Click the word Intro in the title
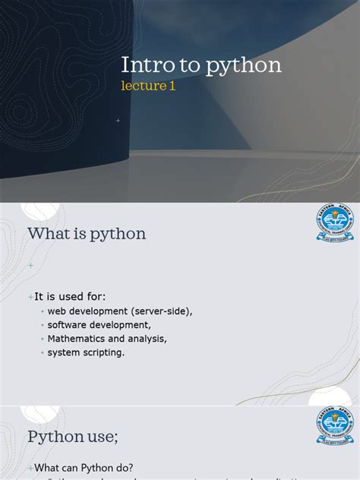tap(142, 65)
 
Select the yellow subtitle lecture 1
tap(148, 86)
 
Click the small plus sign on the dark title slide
tap(118, 121)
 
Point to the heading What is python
tap(87, 233)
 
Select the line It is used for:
tap(70, 296)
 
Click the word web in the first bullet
tap(57, 311)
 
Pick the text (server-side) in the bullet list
tap(162, 311)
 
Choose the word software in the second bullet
tap(66, 325)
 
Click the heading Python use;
tap(73, 437)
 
